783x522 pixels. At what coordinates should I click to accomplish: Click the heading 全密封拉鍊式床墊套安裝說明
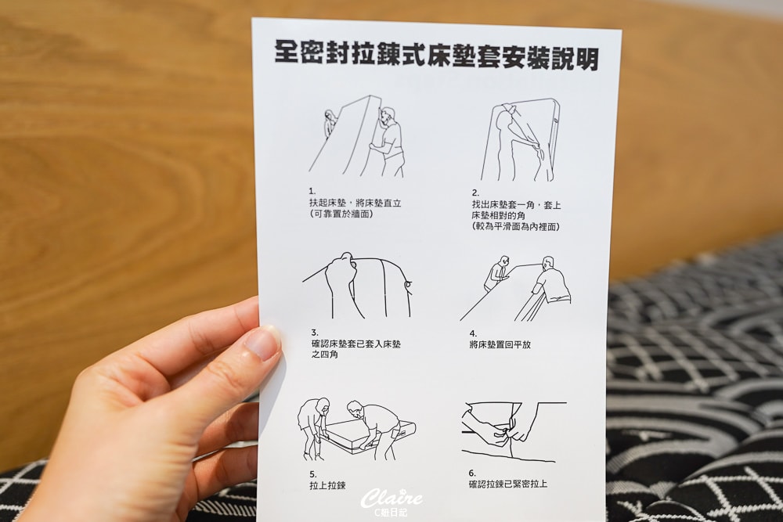click(x=436, y=56)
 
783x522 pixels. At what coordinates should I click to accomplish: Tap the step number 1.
click(x=312, y=191)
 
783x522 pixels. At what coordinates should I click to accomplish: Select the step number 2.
click(x=475, y=193)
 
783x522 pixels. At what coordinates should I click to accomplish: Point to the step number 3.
click(x=315, y=333)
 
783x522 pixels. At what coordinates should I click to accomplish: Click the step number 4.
click(x=473, y=334)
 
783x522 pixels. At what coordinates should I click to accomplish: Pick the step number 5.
click(x=312, y=474)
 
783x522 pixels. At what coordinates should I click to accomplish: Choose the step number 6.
click(x=472, y=473)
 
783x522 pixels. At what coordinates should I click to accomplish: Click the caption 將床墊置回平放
click(x=500, y=345)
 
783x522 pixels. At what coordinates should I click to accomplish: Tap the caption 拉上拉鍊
click(x=327, y=485)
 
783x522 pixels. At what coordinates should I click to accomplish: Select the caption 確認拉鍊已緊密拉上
click(x=508, y=484)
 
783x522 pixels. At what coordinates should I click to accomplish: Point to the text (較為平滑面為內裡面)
click(x=516, y=227)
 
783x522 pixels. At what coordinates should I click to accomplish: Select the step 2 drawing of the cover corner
click(x=519, y=140)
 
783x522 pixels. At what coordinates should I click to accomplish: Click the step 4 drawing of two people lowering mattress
click(x=515, y=289)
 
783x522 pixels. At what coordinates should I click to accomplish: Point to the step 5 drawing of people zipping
click(x=356, y=429)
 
